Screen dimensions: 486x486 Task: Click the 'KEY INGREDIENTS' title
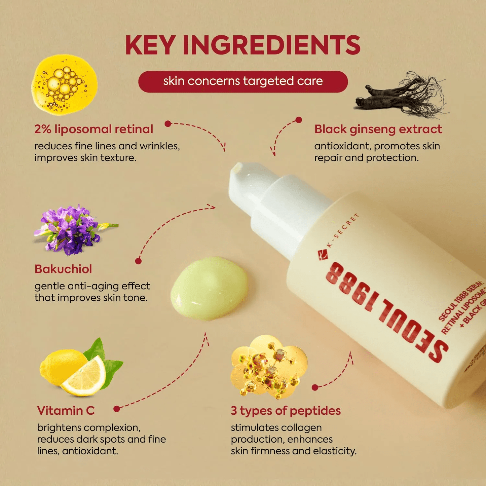[242, 45]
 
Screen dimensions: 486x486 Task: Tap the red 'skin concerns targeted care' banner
[243, 81]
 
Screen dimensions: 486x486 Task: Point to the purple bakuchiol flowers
[73, 229]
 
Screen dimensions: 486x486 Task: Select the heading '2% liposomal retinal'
[94, 129]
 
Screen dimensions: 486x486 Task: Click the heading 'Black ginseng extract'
[378, 129]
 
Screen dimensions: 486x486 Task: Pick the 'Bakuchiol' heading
[63, 269]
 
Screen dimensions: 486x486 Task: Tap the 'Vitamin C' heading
[66, 411]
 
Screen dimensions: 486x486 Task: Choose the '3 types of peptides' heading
[286, 411]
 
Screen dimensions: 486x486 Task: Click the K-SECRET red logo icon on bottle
[323, 255]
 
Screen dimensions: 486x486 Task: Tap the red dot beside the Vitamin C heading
[117, 409]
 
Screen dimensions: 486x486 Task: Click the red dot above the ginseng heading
[299, 120]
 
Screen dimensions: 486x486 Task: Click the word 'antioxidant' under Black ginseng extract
[342, 146]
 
